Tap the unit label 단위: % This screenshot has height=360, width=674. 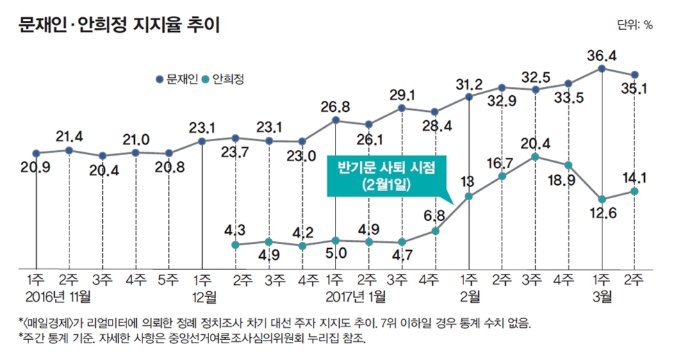click(634, 24)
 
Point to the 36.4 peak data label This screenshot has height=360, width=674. click(601, 54)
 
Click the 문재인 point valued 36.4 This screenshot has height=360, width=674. click(602, 68)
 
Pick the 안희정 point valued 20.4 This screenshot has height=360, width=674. click(535, 157)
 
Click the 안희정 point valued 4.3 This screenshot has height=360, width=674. click(236, 245)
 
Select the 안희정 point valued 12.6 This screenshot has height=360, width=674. click(602, 199)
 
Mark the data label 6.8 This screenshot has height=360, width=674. click(436, 214)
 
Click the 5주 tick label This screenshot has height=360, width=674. click(169, 281)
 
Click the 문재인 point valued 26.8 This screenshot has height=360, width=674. click(336, 120)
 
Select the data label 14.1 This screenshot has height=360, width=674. click(635, 176)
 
